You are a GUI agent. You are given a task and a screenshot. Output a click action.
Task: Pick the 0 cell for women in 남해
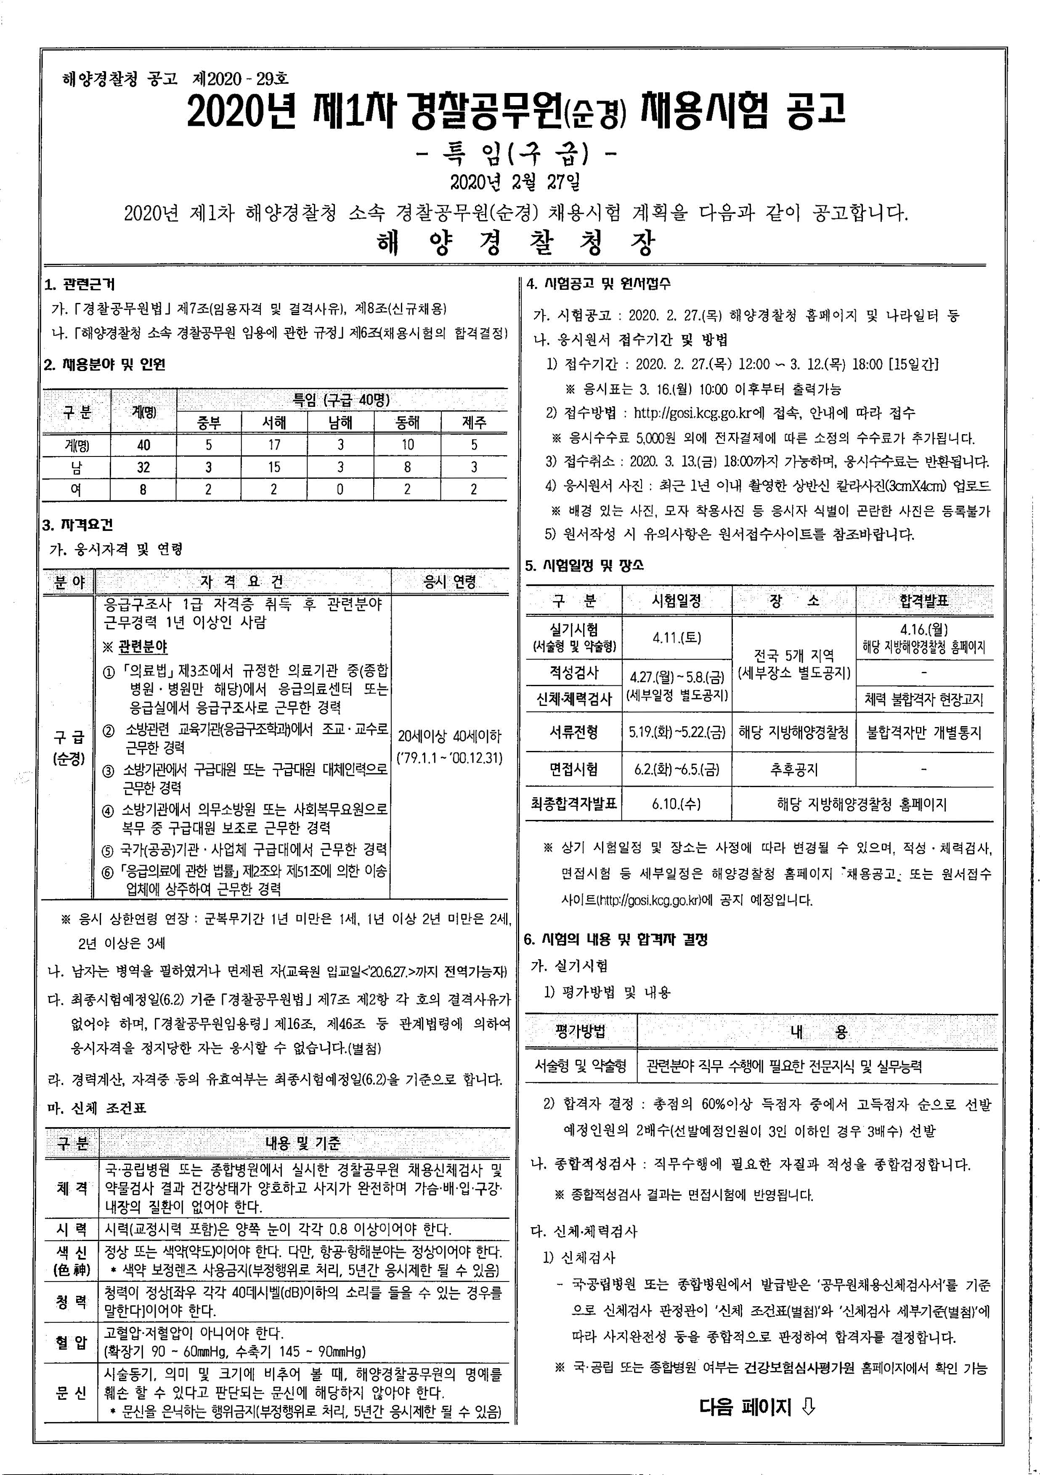click(340, 490)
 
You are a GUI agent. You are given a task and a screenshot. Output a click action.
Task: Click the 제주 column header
click(474, 422)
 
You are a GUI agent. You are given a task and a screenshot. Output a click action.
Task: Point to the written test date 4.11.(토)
click(677, 638)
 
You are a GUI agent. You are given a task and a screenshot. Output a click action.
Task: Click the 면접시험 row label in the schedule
click(573, 769)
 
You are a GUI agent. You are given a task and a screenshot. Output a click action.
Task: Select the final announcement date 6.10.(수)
click(677, 804)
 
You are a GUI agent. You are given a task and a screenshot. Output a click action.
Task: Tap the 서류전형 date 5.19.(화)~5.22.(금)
click(677, 732)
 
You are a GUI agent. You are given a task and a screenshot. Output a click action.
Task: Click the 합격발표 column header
click(924, 601)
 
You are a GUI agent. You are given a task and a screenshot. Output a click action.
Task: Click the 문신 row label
click(71, 1393)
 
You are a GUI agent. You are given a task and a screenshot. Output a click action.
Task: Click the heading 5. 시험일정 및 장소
click(584, 566)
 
